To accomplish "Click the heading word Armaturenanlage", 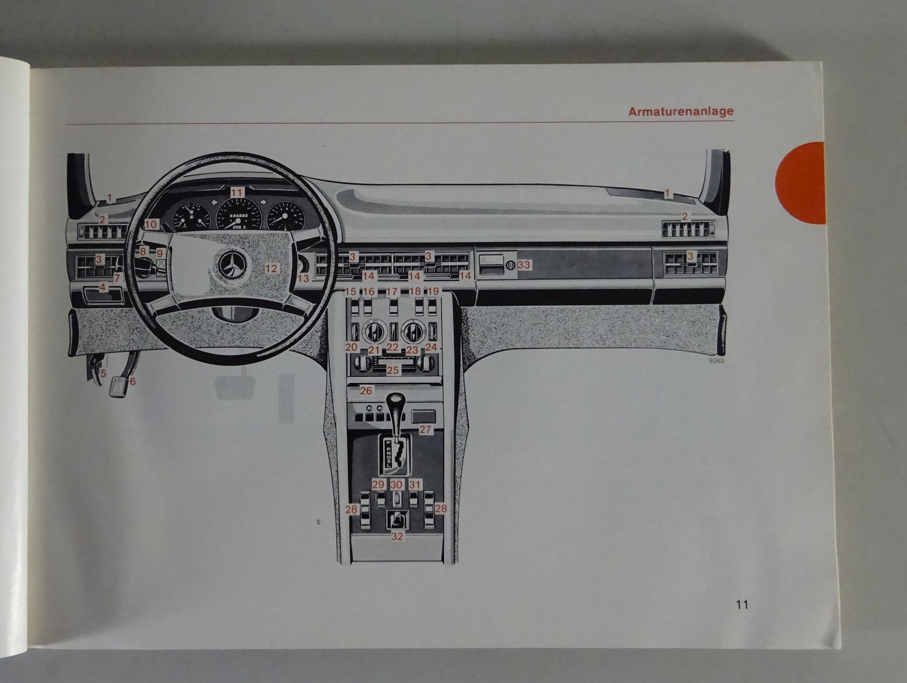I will point(680,111).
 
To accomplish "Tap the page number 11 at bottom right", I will point(742,604).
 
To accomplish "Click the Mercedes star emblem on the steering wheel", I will point(231,265).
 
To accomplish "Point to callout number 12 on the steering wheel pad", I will point(272,268).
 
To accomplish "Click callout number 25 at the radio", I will point(392,370).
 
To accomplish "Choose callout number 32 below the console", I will point(397,536).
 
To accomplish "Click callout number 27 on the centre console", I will point(425,430).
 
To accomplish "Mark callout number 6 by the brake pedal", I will point(133,381).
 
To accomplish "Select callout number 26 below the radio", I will point(366,390).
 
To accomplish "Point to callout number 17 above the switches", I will point(392,292).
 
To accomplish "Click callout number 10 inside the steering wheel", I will point(150,225).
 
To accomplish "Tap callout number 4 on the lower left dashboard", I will point(103,288).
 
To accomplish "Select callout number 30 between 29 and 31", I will point(396,484).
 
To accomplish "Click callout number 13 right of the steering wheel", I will point(303,279).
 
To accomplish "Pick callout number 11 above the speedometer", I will point(236,193).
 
